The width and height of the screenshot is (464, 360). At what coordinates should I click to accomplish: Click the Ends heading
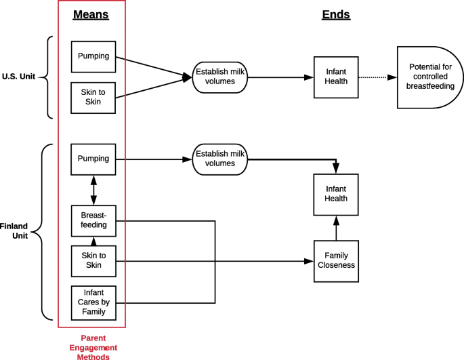[x=336, y=14]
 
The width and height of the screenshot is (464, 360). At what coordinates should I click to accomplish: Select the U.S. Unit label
[x=19, y=77]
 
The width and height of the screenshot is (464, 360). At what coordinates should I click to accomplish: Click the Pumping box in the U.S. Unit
[x=93, y=56]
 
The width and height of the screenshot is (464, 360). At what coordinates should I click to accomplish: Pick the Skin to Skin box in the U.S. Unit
[x=93, y=97]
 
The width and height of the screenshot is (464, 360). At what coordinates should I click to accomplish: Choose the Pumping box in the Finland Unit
[x=93, y=159]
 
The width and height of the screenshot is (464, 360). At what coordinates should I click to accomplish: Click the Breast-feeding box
[x=93, y=220]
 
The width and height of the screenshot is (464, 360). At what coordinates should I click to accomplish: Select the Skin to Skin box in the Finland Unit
[x=93, y=260]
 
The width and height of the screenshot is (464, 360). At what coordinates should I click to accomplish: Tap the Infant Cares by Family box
[x=93, y=302]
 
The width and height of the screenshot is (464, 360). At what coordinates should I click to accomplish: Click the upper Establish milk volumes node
[x=219, y=77]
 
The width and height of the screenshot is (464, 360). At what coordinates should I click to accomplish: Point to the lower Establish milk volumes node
[x=219, y=159]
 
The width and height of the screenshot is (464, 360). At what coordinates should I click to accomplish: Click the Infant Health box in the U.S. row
[x=335, y=77]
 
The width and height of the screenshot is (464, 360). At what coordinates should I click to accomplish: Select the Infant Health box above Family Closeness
[x=335, y=193]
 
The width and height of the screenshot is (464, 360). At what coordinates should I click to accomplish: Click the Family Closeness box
[x=335, y=260]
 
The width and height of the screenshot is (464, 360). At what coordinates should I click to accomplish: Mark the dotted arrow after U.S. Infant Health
[x=376, y=77]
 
